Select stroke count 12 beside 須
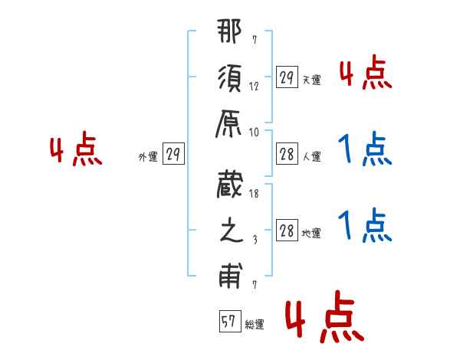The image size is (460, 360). point(254,86)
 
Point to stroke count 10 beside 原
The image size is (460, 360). point(255,132)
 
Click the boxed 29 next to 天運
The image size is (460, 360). point(287,77)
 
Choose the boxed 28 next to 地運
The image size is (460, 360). point(287,231)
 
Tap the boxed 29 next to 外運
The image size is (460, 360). point(173,155)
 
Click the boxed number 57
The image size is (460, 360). point(228,322)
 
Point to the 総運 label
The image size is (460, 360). point(254,325)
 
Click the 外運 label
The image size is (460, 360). point(147,157)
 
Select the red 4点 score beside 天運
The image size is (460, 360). point(366,75)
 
